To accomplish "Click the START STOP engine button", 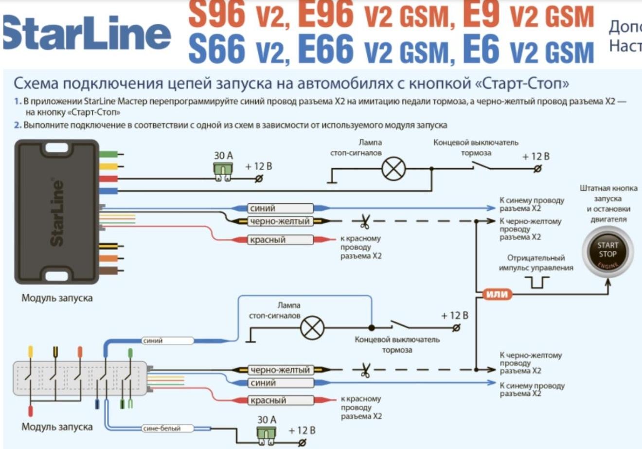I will (607, 251).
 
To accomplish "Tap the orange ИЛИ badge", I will (497, 294).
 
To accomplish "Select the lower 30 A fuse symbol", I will (266, 435).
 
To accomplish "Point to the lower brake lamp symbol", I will (312, 329).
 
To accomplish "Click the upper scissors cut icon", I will (364, 222).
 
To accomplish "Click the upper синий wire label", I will (280, 209).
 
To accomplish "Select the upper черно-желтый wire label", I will (280, 222).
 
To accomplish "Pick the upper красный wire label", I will (280, 240).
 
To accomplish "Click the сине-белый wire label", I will (162, 429).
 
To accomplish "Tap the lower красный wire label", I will (280, 401).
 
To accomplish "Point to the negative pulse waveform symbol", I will (537, 282).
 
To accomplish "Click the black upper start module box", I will (57, 212).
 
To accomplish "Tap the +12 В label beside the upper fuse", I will (258, 166).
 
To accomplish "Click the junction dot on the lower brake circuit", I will (371, 328).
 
